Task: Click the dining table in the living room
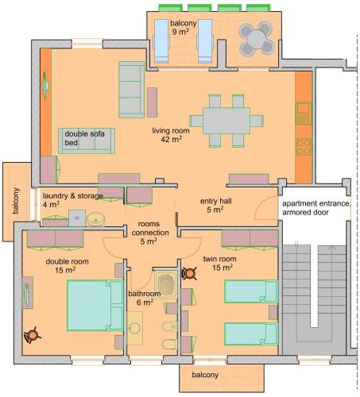pos(226,121)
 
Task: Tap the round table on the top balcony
pos(256,39)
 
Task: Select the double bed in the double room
pos(95,306)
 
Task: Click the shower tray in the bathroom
pos(166,283)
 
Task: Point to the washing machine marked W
pos(77,218)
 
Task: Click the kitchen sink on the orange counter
pos(304,114)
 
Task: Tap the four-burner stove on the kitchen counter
pos(304,147)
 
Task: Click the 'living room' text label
pos(171,131)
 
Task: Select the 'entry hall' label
pos(216,201)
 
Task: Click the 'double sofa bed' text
pos(84,138)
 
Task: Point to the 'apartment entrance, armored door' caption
pos(316,208)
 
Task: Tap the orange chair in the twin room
pos(190,274)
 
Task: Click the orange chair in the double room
pos(33,335)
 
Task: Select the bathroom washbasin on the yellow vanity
pos(135,328)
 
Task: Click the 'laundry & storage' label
pos(73,196)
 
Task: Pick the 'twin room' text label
pos(219,259)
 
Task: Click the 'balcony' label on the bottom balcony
pos(205,375)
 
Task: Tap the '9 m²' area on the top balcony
pos(180,33)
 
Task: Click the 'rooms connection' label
pos(150,228)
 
